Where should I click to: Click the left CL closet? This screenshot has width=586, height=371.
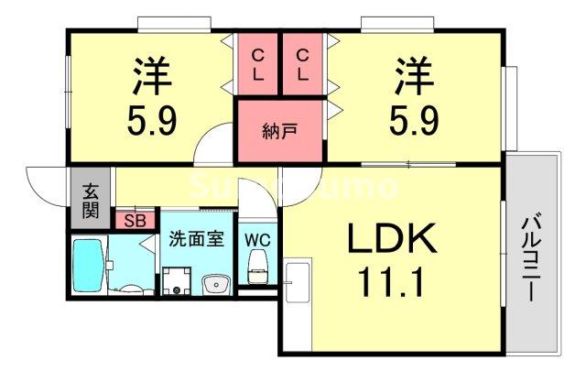click(257, 64)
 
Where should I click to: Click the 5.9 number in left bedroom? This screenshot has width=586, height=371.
click(151, 121)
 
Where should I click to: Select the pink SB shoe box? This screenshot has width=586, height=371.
click(134, 221)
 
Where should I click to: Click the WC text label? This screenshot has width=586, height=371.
click(256, 240)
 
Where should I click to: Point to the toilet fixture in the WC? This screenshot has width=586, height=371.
click(257, 267)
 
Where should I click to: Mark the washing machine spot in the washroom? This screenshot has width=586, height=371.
click(178, 280)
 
